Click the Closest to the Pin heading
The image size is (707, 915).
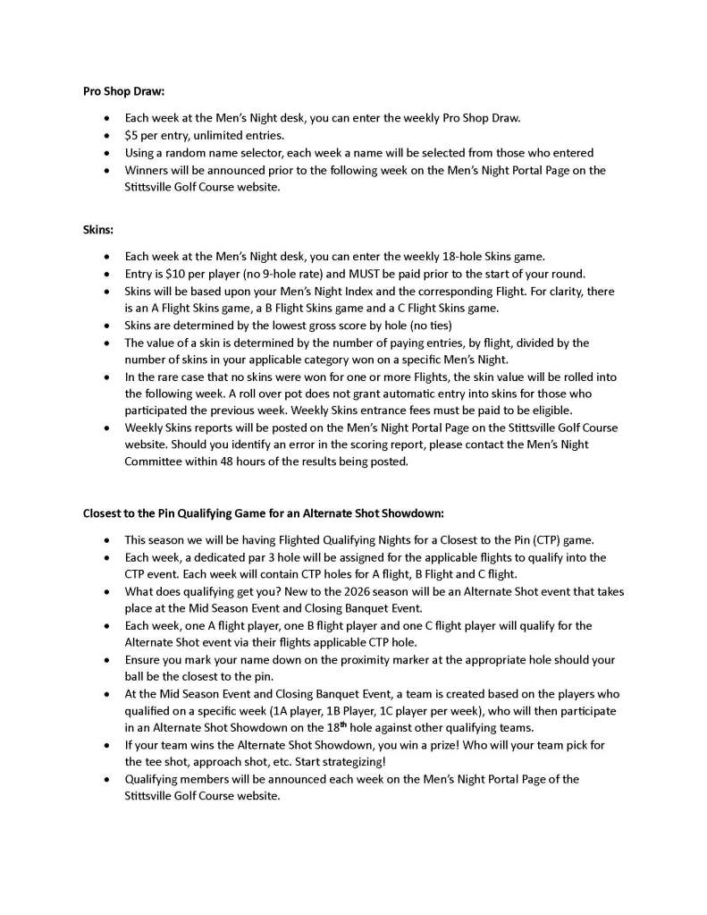coord(264,513)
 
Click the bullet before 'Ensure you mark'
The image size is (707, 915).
coord(108,659)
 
